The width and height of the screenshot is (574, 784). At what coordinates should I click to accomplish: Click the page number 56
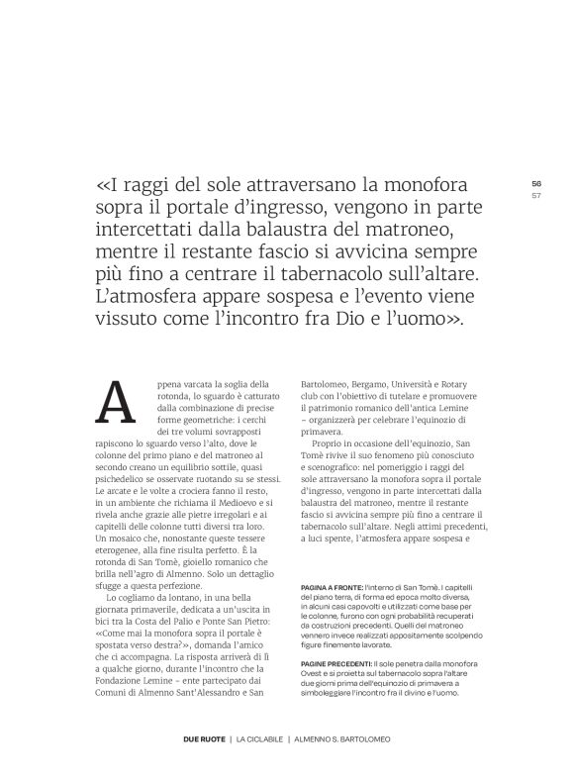[536, 183]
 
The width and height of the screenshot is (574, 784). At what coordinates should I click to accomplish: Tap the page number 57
[536, 194]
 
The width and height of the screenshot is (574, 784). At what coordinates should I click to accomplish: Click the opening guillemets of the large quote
[105, 185]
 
